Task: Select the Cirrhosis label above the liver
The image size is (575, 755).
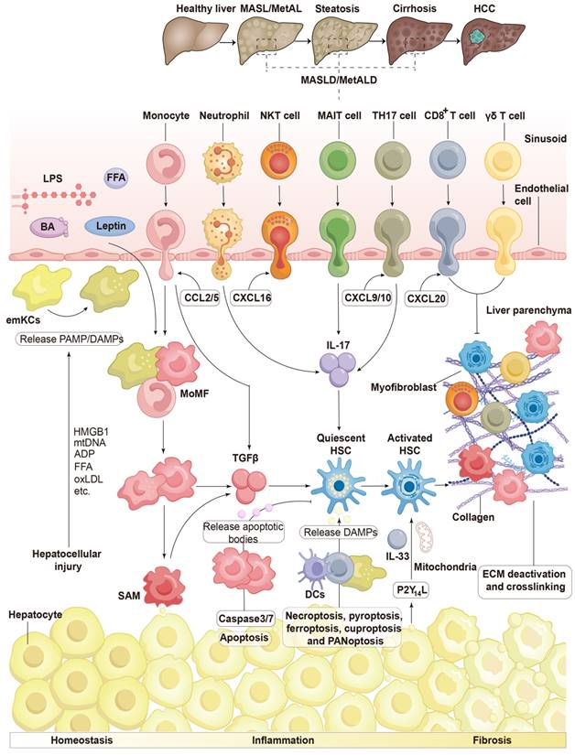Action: [x=416, y=8]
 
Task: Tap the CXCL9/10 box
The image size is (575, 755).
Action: [x=365, y=298]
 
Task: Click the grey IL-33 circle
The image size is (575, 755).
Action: [x=396, y=539]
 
